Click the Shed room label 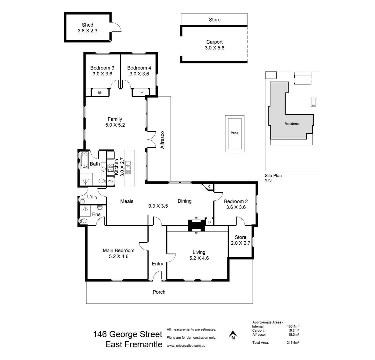point(88,25)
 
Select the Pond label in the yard point(234,133)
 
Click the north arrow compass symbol point(233,334)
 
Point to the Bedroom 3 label point(102,68)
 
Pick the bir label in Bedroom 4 point(142,92)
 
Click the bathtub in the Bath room point(83,160)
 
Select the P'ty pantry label point(110,181)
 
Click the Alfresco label point(163,140)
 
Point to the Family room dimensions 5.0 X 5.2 point(115,125)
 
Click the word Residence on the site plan point(292,124)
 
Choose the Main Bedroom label point(118,251)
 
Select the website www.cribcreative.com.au point(186,346)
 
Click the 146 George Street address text point(128,334)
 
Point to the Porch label point(159,292)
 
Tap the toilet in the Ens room point(83,221)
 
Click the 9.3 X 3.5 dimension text point(158,206)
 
